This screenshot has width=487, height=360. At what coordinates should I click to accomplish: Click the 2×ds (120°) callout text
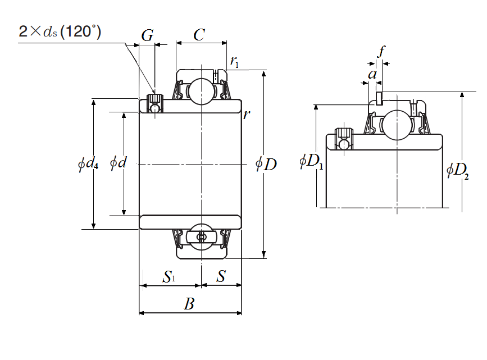pos(60,31)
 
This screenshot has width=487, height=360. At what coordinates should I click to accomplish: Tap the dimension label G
pos(147,37)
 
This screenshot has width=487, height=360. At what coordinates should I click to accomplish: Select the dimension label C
pos(199,35)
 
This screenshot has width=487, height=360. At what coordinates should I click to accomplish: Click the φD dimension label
pos(266,165)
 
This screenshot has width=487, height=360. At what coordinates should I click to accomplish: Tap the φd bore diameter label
pos(118,163)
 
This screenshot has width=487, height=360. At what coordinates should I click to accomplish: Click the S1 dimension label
pos(169,277)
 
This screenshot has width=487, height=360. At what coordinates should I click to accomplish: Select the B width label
pos(189,304)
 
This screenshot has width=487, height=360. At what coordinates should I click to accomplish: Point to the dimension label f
pos(381,52)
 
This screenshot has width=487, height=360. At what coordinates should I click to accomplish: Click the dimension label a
pos(372,74)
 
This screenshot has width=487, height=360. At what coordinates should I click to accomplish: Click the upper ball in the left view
pos(201,91)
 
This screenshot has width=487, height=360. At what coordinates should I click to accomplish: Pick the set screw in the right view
pos(343,138)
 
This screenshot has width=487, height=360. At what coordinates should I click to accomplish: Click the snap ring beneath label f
pos(380,99)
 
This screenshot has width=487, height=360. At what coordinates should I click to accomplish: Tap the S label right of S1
pos(221,276)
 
